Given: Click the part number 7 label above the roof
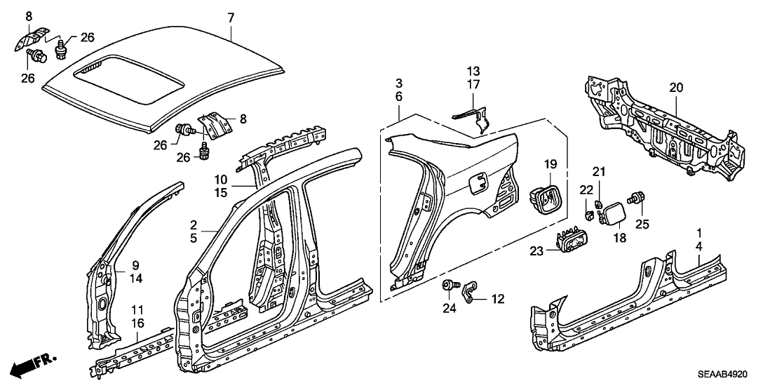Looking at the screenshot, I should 231,16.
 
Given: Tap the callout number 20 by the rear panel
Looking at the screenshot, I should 675,88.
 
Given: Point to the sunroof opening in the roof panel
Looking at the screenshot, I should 130,80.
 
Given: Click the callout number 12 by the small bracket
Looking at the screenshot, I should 497,300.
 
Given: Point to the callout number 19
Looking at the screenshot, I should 550,165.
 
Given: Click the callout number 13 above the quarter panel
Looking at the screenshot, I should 474,71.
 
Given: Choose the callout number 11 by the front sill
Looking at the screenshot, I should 138,309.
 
